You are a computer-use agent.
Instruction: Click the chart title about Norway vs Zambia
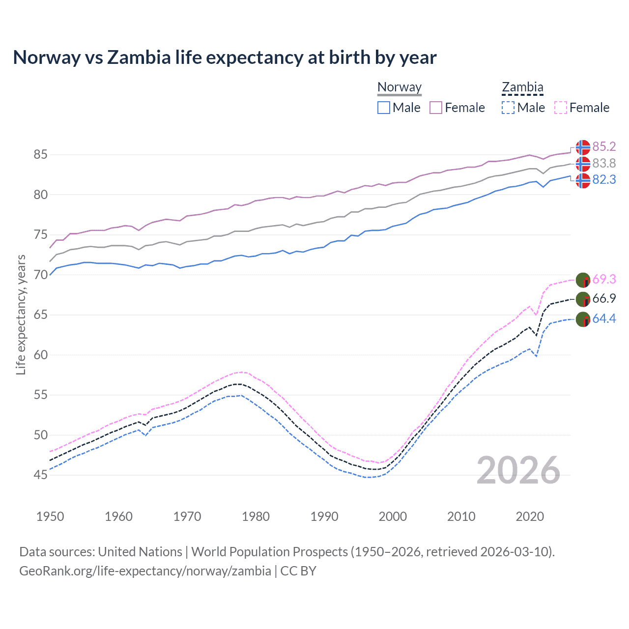pyautogui.click(x=225, y=57)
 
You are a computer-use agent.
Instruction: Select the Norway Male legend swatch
pyautogui.click(x=384, y=108)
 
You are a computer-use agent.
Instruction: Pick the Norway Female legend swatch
pyautogui.click(x=436, y=108)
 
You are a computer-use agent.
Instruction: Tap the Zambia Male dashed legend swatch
pyautogui.click(x=508, y=108)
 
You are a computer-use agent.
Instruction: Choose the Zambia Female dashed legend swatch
pyautogui.click(x=561, y=108)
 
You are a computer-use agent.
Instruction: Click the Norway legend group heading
pyautogui.click(x=400, y=87)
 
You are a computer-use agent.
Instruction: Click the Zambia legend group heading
pyautogui.click(x=522, y=87)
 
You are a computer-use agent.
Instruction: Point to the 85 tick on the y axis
pyautogui.click(x=40, y=155)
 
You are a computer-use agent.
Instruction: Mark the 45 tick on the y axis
pyautogui.click(x=40, y=475)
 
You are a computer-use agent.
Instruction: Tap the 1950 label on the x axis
pyautogui.click(x=50, y=516)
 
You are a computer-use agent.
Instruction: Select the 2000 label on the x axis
pyautogui.click(x=393, y=516)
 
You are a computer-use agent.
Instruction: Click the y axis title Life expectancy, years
pyautogui.click(x=21, y=314)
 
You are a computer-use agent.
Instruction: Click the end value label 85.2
pyautogui.click(x=604, y=147)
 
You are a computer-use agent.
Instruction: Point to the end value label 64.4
pyautogui.click(x=604, y=319)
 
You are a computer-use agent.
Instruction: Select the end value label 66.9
pyautogui.click(x=604, y=299)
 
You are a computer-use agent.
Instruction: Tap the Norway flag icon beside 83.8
pyautogui.click(x=583, y=164)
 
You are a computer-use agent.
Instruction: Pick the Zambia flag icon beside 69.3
pyautogui.click(x=583, y=280)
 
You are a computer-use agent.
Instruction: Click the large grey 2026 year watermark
pyautogui.click(x=518, y=470)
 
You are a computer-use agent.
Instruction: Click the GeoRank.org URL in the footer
pyautogui.click(x=145, y=571)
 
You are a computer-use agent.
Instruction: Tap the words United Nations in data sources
pyautogui.click(x=140, y=552)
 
